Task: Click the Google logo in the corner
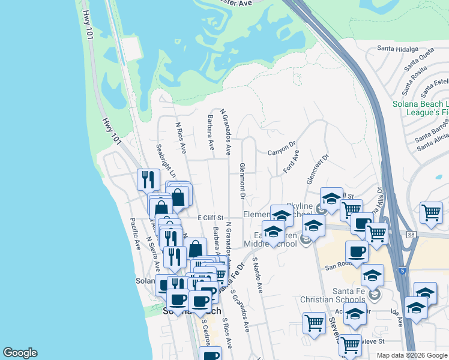click(x=20, y=353)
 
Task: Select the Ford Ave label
click(x=291, y=161)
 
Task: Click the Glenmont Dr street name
click(x=243, y=180)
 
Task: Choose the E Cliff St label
click(x=210, y=218)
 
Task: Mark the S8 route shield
click(x=411, y=235)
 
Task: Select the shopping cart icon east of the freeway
click(x=431, y=212)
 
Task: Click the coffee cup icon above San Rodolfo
click(x=357, y=251)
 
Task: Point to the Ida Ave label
click(x=396, y=318)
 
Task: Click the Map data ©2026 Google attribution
click(x=412, y=355)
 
